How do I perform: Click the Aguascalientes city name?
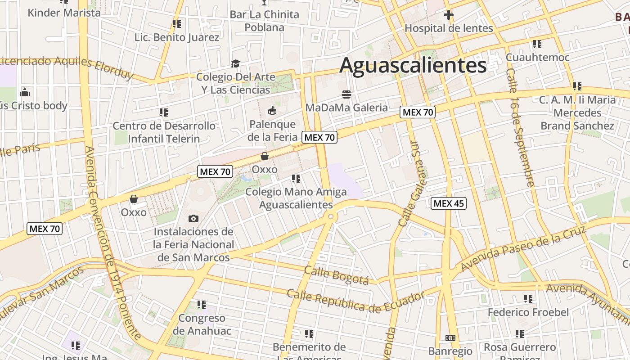coord(413,66)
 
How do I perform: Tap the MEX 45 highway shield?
coord(449,203)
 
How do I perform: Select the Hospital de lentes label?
coord(449,28)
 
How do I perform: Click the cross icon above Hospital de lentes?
coord(448,15)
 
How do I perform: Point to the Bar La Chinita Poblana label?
coord(264,21)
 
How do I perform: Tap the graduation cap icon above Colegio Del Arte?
coord(235,63)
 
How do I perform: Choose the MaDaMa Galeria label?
coord(346,108)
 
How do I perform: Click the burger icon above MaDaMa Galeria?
coord(346,94)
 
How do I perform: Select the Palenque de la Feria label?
coord(272,130)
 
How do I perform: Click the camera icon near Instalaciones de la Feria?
coord(193,219)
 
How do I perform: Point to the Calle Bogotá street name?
coord(336,274)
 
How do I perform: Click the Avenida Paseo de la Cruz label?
coord(523,249)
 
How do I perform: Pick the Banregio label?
coord(450,351)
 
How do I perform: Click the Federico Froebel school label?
coord(528,312)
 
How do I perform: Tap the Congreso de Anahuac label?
coord(202,324)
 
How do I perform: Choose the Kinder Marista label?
coord(64,13)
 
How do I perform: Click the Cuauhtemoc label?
coord(537,57)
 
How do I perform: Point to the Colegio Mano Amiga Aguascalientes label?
coord(296,198)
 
